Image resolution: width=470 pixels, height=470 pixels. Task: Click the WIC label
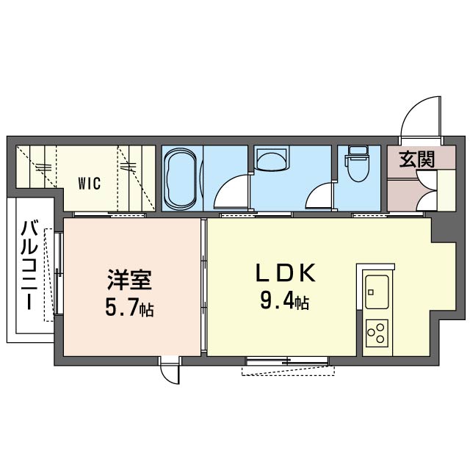(x=89, y=184)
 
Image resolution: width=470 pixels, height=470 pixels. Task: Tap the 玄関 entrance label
(x=416, y=159)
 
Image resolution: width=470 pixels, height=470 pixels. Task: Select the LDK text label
(x=286, y=272)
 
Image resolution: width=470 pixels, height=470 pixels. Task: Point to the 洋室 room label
(x=129, y=280)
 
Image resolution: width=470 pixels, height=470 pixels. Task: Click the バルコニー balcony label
(x=29, y=265)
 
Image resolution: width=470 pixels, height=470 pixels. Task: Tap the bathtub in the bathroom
(x=180, y=178)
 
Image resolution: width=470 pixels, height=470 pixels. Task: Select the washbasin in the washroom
(x=272, y=159)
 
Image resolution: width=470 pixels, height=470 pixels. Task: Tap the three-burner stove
(x=377, y=333)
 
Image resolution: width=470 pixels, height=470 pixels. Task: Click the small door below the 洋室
(x=170, y=370)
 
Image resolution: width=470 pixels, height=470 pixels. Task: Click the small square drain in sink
(x=372, y=292)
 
